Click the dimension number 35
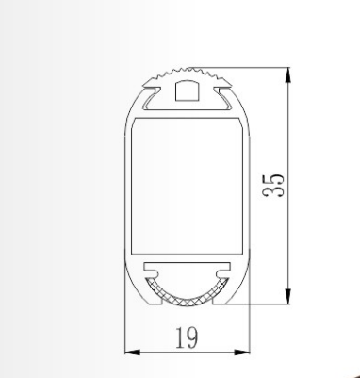coord(273,185)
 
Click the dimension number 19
coord(187,337)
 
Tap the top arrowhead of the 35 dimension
coord(287,74)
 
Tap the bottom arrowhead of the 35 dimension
coord(287,296)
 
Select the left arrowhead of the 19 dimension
coord(132,353)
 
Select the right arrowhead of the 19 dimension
coord(242,353)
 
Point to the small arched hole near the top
coord(188,90)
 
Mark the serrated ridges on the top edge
coord(188,74)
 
